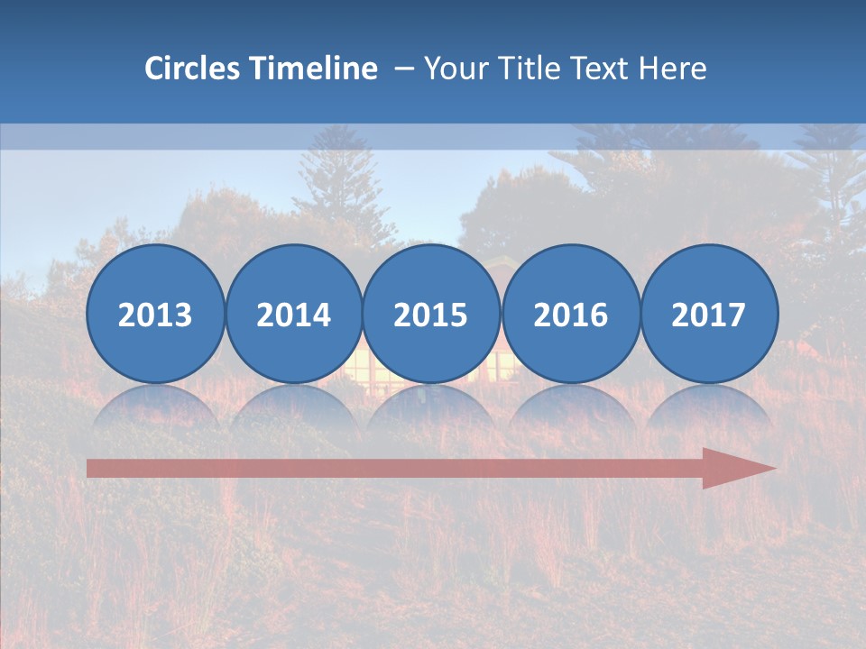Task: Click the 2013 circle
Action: tap(155, 314)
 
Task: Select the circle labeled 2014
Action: tap(293, 314)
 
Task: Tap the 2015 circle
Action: tap(431, 314)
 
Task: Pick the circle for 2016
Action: tap(570, 314)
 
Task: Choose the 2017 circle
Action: tap(708, 314)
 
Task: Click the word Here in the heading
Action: tap(673, 69)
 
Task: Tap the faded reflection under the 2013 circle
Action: tap(155, 407)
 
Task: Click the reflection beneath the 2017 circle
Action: tap(708, 407)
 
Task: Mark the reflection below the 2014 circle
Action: tap(293, 407)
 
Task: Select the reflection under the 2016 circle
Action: tap(570, 407)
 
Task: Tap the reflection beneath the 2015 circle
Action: tap(431, 407)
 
